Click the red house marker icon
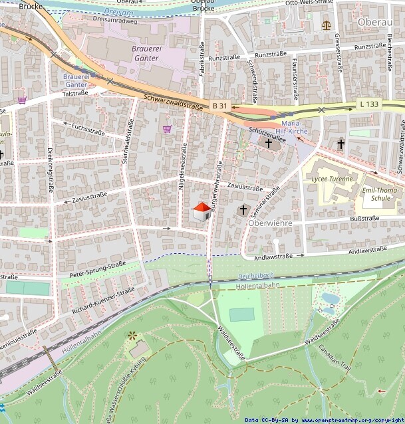tap(202, 211)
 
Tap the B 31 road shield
tap(220, 106)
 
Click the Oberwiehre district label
tap(269, 223)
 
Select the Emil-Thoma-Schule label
tap(375, 193)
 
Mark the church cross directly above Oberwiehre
tap(243, 210)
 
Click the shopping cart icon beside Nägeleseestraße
tap(167, 129)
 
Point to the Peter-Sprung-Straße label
tap(98, 269)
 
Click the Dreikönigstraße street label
tap(51, 170)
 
